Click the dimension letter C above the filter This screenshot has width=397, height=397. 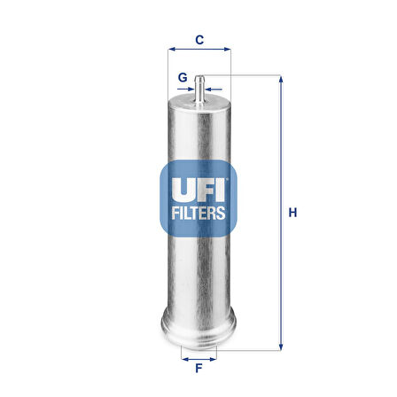pos(199,40)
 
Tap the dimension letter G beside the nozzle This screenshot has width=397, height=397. pos(182,77)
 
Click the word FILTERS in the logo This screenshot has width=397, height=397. pos(198,214)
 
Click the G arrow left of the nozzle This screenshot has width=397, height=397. pos(191,89)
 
